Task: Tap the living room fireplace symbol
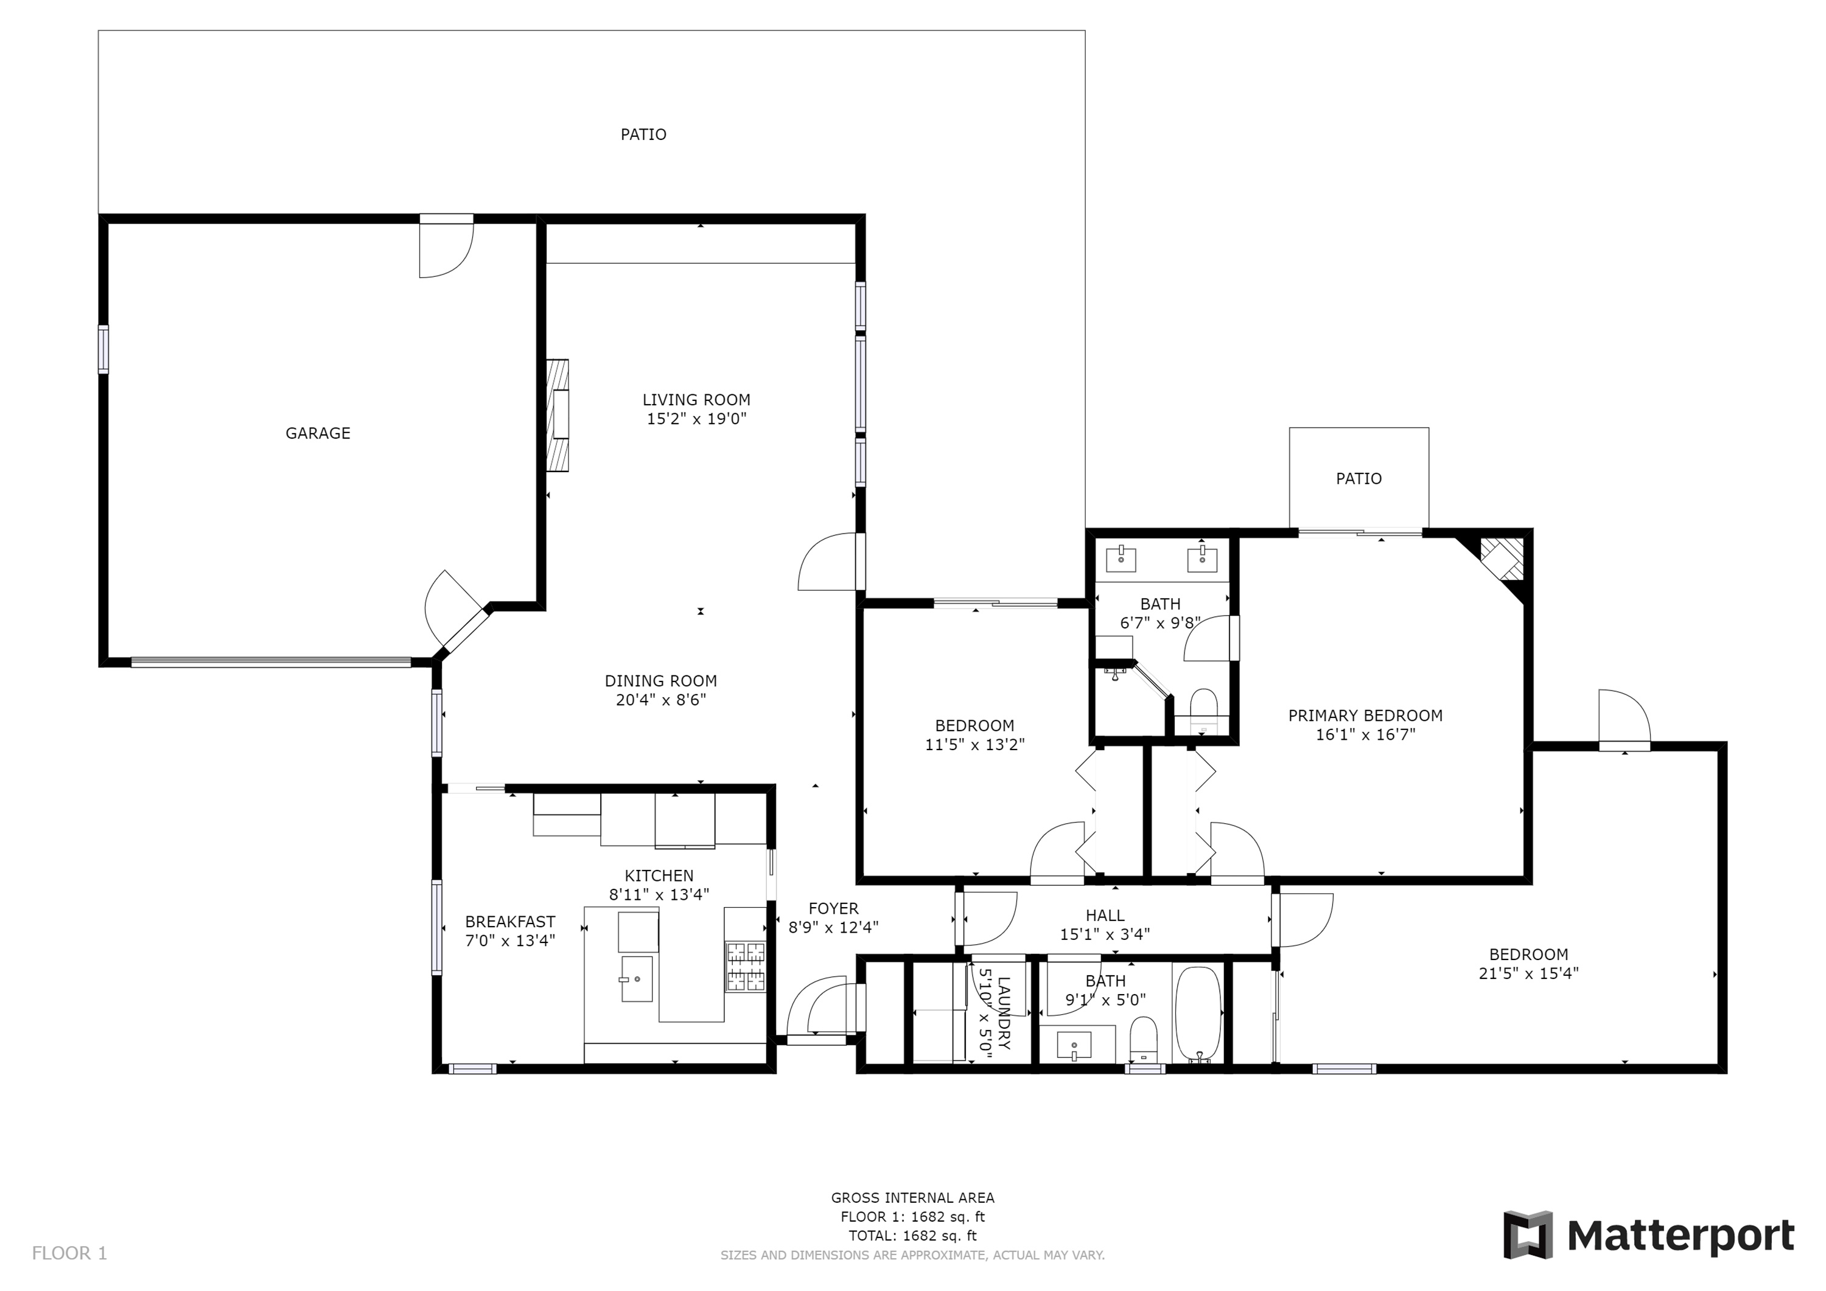pyautogui.click(x=558, y=415)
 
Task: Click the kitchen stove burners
pyautogui.click(x=745, y=966)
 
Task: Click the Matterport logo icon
pyautogui.click(x=1528, y=1234)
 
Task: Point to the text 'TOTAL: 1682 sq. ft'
pyautogui.click(x=912, y=1236)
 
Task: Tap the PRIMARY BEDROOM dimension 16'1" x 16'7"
pyautogui.click(x=1365, y=734)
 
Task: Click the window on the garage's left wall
pyautogui.click(x=103, y=349)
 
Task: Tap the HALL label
pyautogui.click(x=1105, y=916)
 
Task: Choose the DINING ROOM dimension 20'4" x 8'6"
pyautogui.click(x=661, y=700)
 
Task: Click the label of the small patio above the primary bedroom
pyautogui.click(x=1359, y=479)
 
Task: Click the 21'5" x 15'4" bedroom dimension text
pyautogui.click(x=1528, y=973)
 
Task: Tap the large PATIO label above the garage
pyautogui.click(x=643, y=134)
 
